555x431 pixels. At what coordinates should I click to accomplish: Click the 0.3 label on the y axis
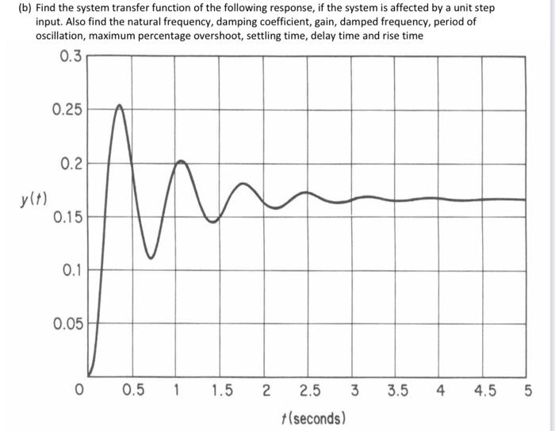point(70,55)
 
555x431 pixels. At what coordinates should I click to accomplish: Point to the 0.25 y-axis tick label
point(67,109)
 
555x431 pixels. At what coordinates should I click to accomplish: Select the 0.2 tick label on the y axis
point(70,164)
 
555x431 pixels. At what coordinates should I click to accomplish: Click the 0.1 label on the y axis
point(71,269)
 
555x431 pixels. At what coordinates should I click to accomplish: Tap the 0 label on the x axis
point(78,390)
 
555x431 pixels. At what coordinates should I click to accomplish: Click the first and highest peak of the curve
point(119,105)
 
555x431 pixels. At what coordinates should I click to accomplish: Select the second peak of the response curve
point(181,162)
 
